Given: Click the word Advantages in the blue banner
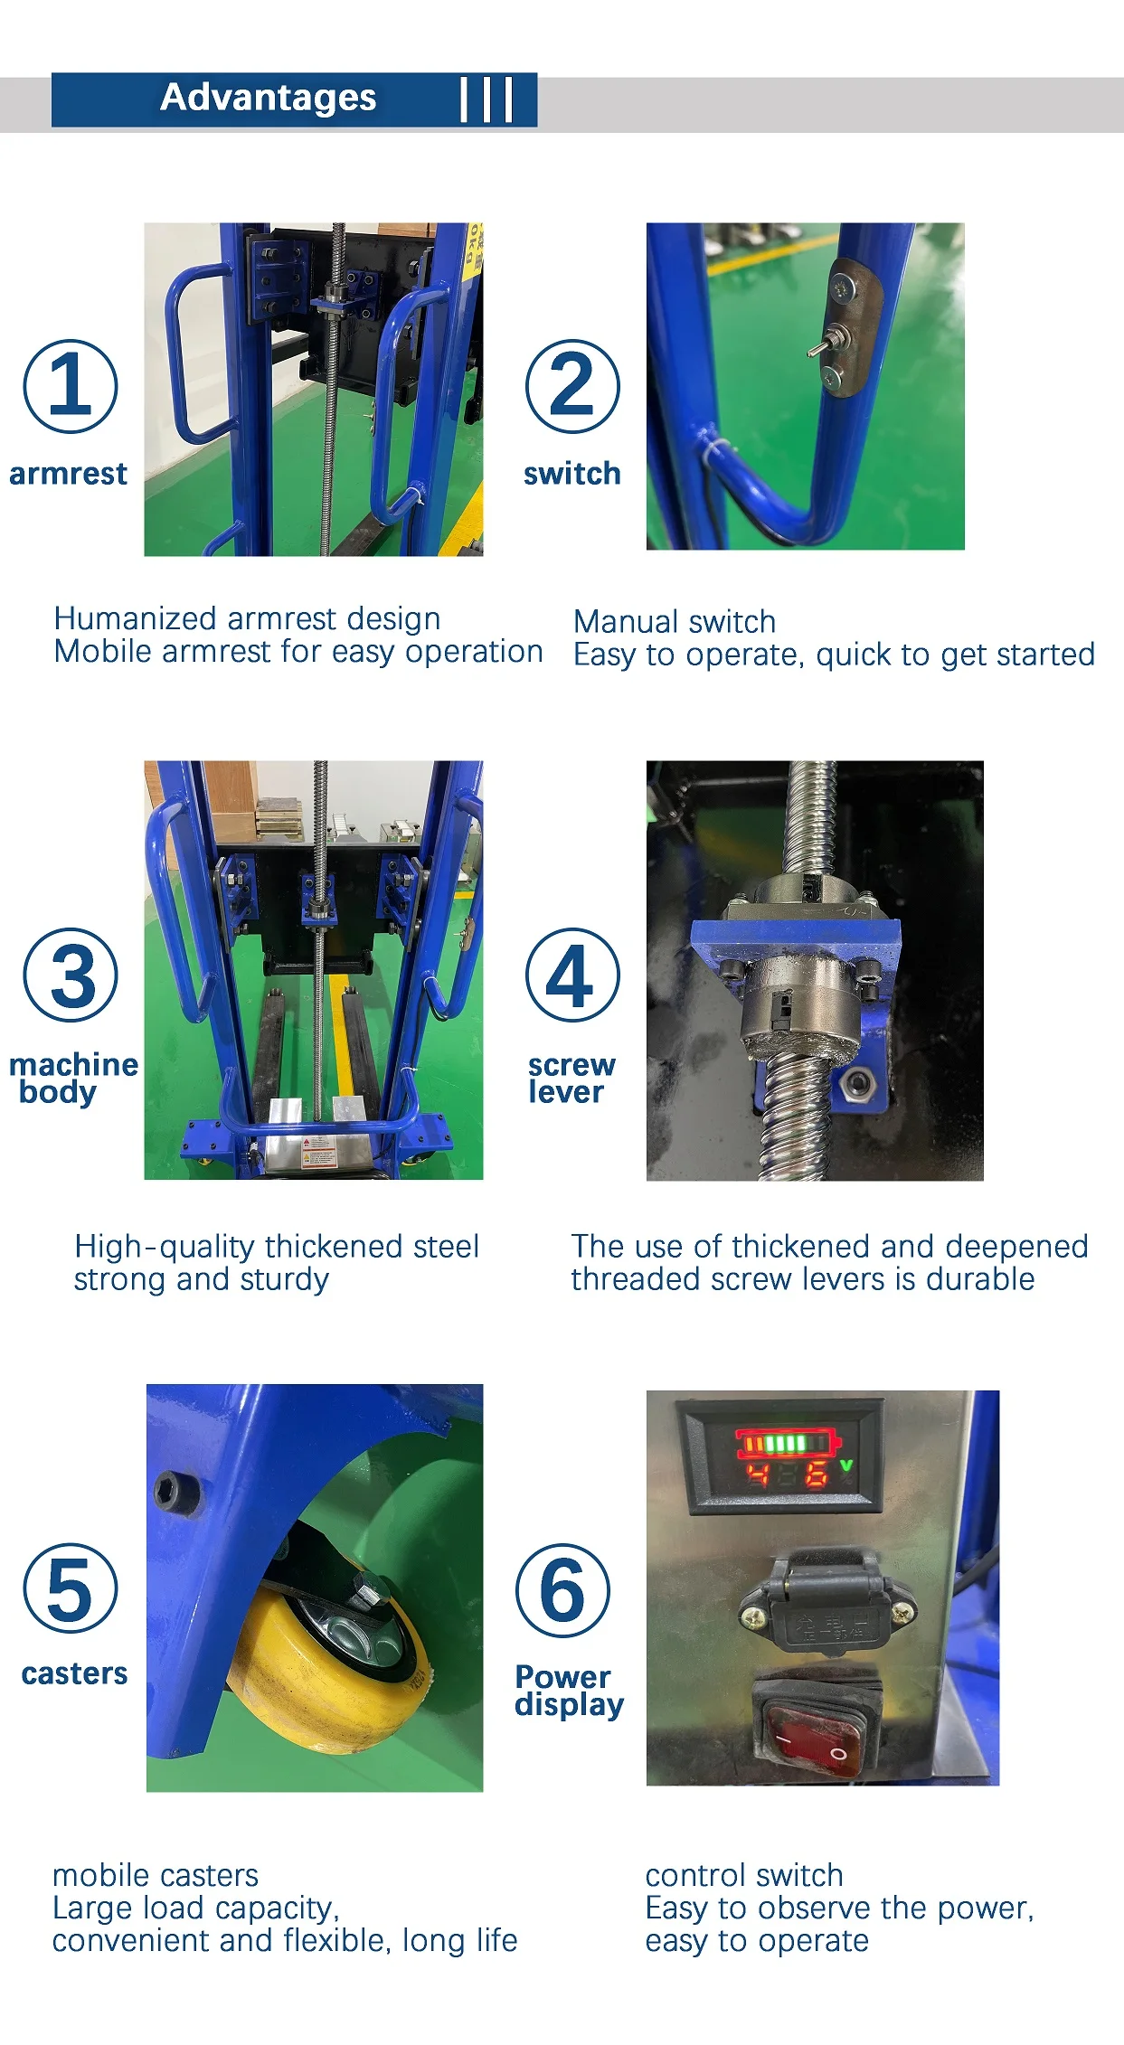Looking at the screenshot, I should (x=268, y=98).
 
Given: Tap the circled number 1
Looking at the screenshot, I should (x=71, y=386).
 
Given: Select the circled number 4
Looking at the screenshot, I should (x=572, y=975).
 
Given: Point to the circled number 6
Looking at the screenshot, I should (x=562, y=1590).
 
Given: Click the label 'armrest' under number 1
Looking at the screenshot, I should (x=69, y=474).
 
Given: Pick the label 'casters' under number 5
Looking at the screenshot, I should (x=74, y=1673).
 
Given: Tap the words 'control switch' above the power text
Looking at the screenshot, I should (x=743, y=1875).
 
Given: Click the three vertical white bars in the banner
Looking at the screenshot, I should (x=486, y=99).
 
